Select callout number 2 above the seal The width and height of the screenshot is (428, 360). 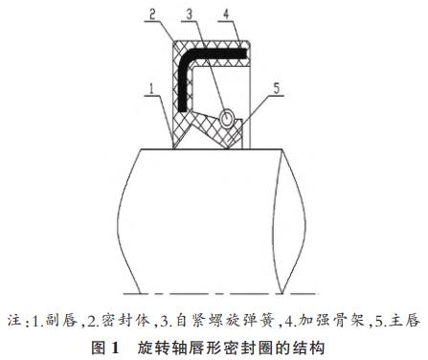pos(151,14)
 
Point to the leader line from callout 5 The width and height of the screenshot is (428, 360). pos(262,110)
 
